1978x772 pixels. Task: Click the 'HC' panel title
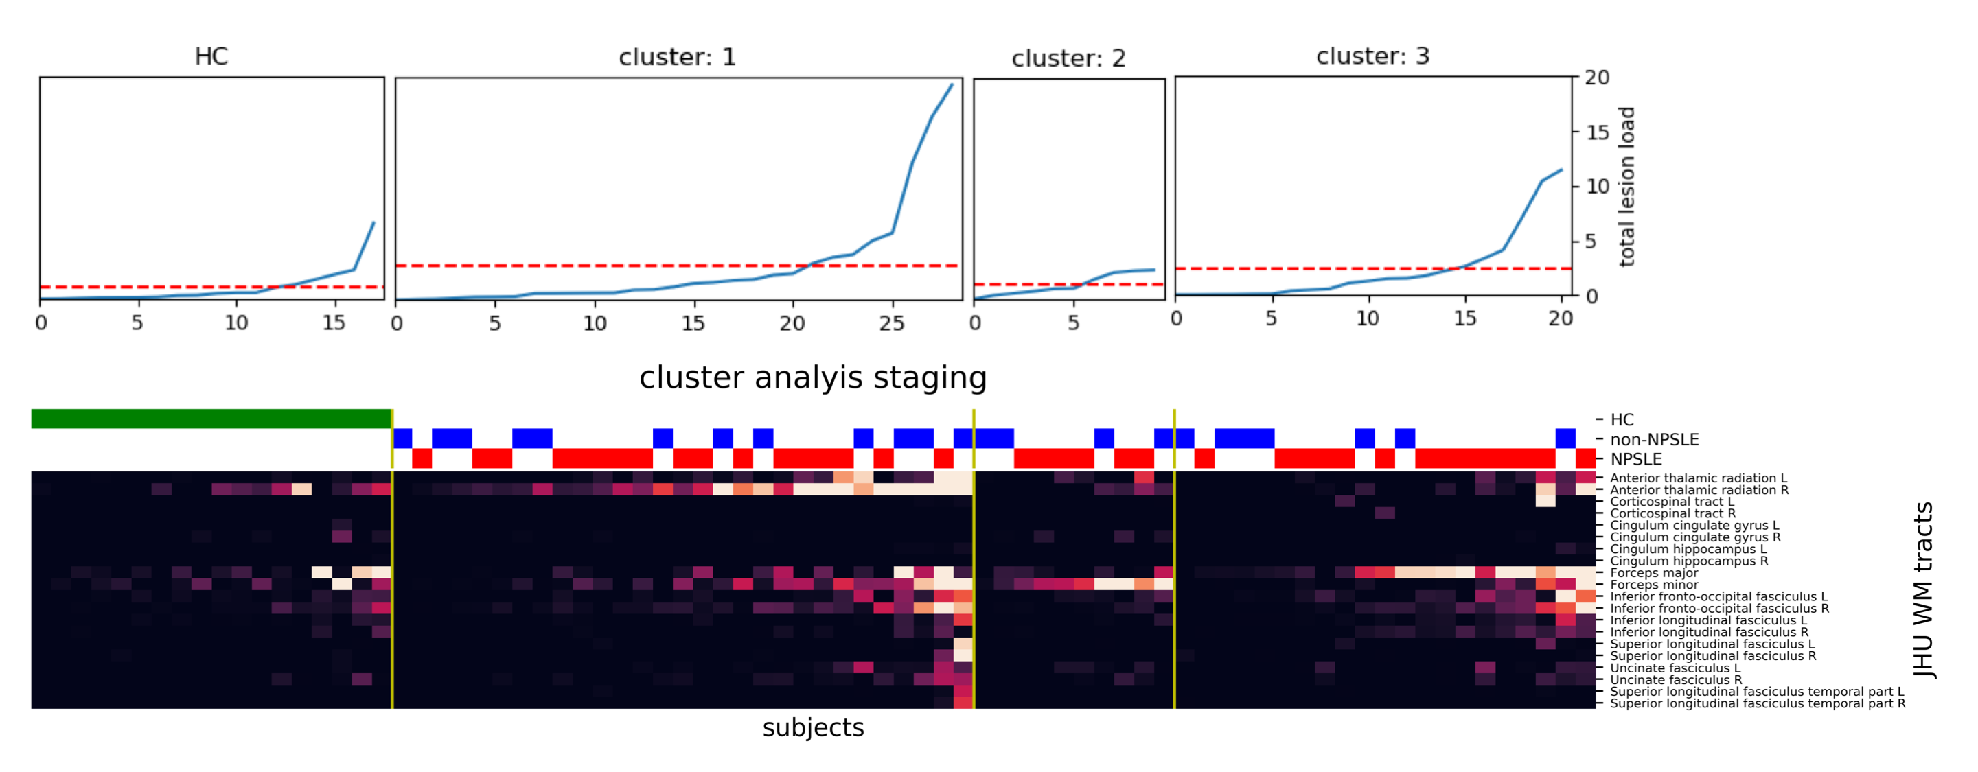click(x=211, y=56)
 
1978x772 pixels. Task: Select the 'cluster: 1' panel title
click(x=677, y=57)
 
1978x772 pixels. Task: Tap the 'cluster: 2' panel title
click(x=1068, y=58)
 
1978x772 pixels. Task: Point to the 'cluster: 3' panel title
click(x=1372, y=56)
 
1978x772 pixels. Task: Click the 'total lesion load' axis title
click(x=1626, y=187)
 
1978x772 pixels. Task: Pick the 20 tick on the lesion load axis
click(x=1597, y=78)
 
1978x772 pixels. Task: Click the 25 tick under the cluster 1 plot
click(x=891, y=324)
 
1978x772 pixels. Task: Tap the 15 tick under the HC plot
click(x=333, y=323)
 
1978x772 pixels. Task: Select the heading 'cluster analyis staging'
click(x=812, y=377)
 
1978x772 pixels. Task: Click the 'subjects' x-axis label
click(x=812, y=727)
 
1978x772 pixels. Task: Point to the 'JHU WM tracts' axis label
click(x=1922, y=589)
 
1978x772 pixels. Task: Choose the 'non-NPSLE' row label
click(x=1654, y=440)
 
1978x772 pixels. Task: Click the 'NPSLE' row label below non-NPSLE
click(x=1635, y=459)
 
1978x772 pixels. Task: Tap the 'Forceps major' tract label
click(x=1653, y=572)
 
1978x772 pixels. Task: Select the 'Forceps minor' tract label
click(x=1653, y=585)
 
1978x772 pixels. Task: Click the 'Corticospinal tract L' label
click(x=1672, y=502)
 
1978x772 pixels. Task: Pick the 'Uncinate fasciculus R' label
click(x=1675, y=680)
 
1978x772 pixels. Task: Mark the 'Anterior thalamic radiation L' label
click(x=1698, y=478)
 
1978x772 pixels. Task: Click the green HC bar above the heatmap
click(x=211, y=419)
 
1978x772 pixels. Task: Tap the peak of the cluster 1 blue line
click(x=952, y=84)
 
